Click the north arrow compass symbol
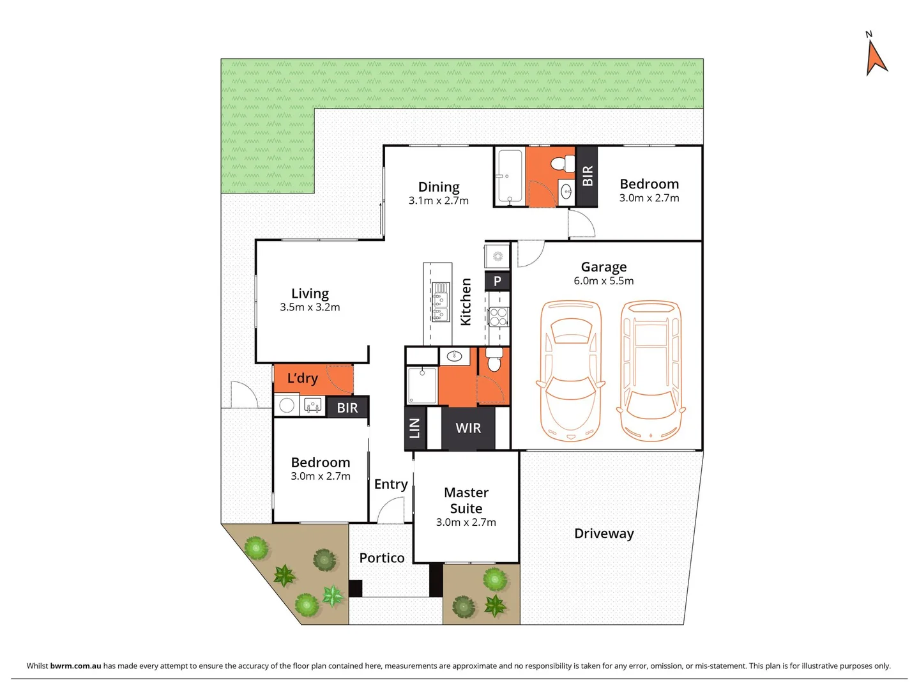tap(876, 56)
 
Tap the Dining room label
tap(439, 187)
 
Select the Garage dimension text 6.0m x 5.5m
tap(604, 281)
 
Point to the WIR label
tap(468, 428)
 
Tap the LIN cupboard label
tap(414, 428)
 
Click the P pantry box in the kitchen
tap(497, 281)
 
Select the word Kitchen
tap(466, 302)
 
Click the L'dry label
tap(302, 378)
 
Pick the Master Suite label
tap(466, 500)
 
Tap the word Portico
tap(382, 558)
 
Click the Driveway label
tap(604, 533)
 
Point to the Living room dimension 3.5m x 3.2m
tap(310, 307)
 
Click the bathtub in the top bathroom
tap(510, 176)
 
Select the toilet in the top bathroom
tap(561, 164)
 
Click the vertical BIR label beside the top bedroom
tap(588, 176)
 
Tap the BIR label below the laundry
tap(347, 408)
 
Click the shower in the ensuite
tap(422, 385)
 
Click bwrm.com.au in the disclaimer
tap(75, 666)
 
